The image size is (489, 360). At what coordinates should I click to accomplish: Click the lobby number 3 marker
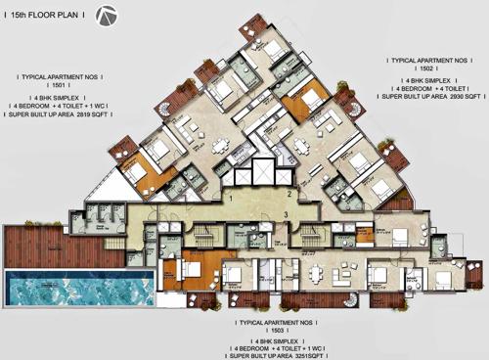[x=285, y=212]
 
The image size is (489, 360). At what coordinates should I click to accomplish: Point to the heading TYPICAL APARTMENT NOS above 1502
[x=427, y=58]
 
